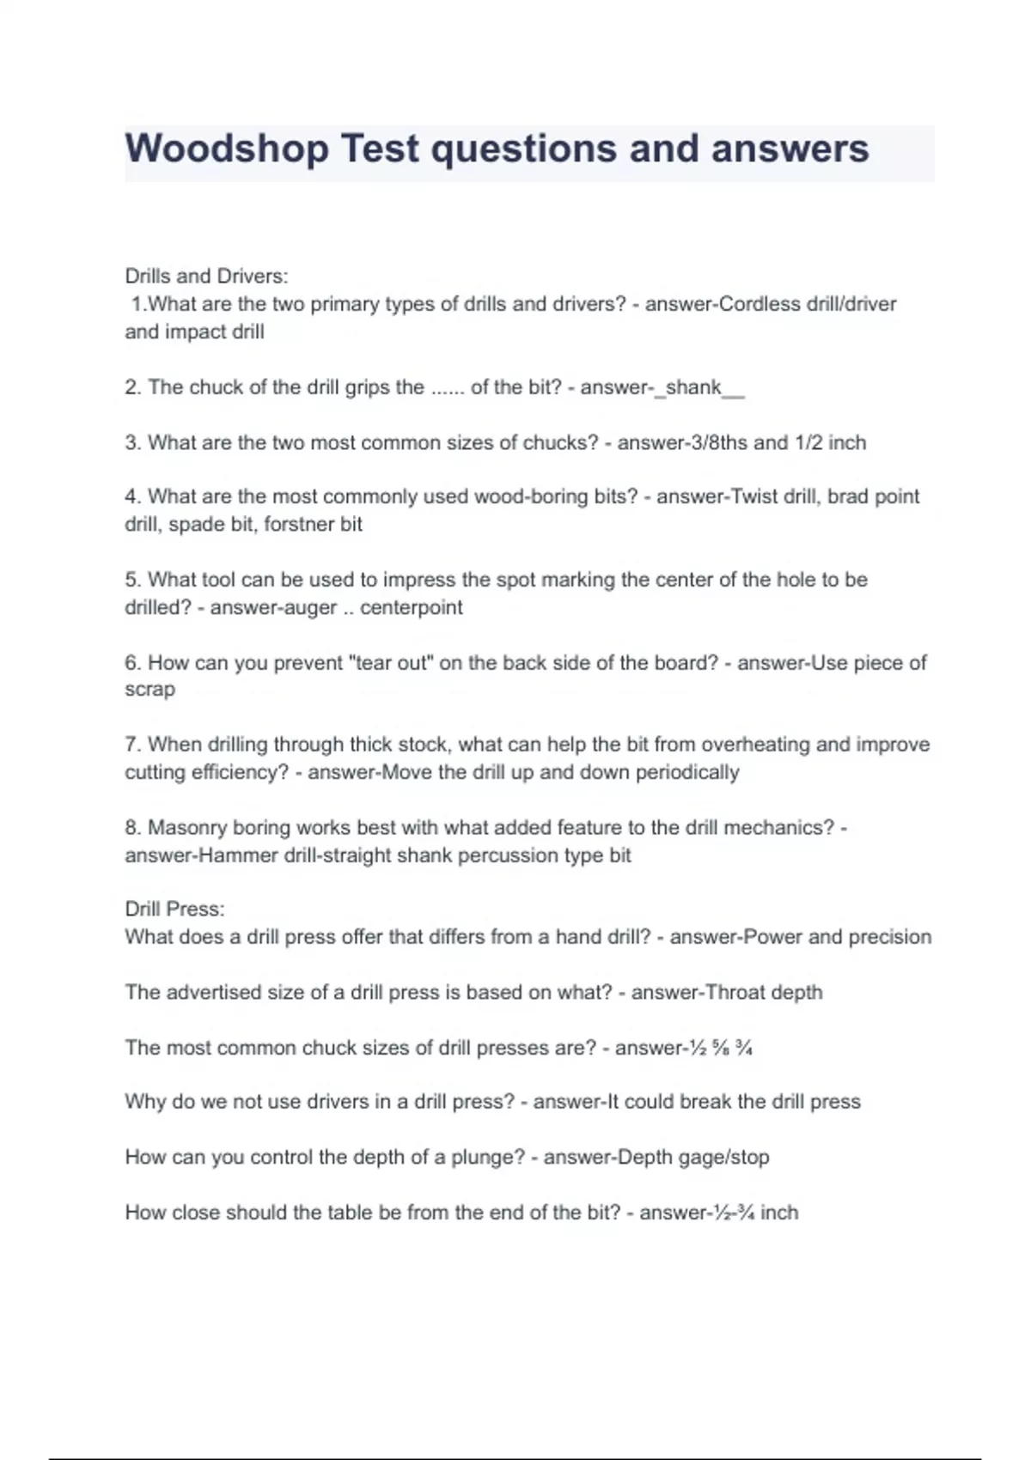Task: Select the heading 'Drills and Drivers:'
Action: coord(206,277)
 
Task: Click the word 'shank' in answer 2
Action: coord(693,387)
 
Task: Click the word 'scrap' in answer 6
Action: coord(149,690)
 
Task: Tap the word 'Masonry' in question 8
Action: coord(187,828)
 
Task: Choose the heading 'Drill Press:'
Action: coord(174,909)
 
